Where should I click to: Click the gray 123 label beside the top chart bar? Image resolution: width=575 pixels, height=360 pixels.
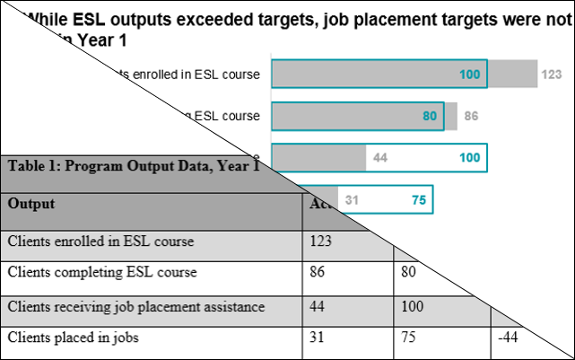pyautogui.click(x=551, y=75)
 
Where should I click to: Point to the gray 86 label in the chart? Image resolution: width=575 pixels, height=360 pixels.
pyautogui.click(x=471, y=117)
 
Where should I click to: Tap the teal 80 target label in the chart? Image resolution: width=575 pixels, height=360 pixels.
pyautogui.click(x=430, y=117)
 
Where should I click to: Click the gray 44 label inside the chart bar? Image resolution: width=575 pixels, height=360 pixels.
pyautogui.click(x=379, y=158)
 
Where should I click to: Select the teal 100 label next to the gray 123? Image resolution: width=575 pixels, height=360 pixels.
pyautogui.click(x=470, y=75)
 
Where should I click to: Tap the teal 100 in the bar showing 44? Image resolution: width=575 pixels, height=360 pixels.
pyautogui.click(x=469, y=158)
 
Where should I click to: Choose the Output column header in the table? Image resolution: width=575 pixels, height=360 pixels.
pyautogui.click(x=31, y=204)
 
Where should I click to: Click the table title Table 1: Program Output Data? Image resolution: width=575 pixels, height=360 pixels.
pyautogui.click(x=133, y=166)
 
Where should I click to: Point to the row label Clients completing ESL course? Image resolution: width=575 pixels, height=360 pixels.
pyautogui.click(x=102, y=272)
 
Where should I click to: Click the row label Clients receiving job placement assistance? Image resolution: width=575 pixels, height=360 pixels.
pyautogui.click(x=136, y=307)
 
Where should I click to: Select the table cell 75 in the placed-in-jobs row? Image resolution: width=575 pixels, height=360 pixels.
pyautogui.click(x=407, y=338)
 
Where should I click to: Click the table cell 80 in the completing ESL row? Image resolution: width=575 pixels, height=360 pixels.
pyautogui.click(x=407, y=272)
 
